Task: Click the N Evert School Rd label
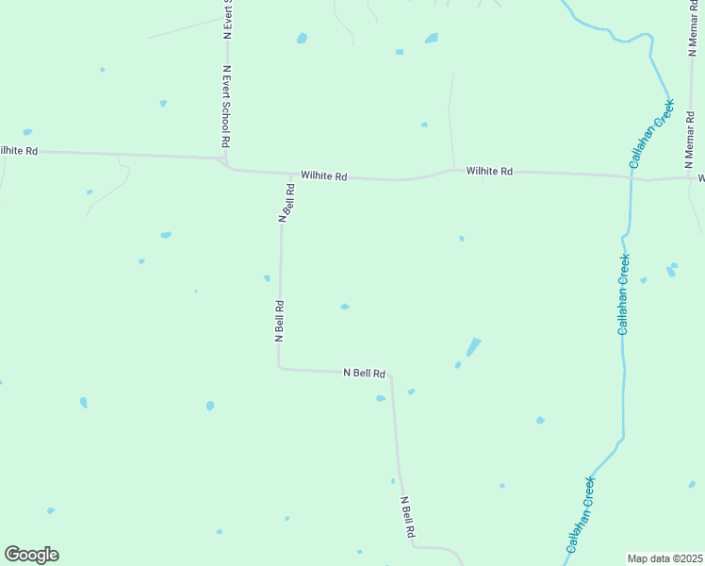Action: click(x=226, y=105)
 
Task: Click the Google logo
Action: click(x=31, y=555)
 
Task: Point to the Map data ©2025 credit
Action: click(x=665, y=558)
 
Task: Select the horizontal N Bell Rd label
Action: click(x=364, y=374)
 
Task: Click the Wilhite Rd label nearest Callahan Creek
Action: click(x=488, y=172)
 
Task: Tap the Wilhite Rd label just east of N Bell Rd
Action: click(x=324, y=176)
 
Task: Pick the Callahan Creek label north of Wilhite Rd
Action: click(x=651, y=134)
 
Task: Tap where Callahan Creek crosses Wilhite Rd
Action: click(x=631, y=175)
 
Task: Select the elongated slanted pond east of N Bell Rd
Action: click(x=473, y=347)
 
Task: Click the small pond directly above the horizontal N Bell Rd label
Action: click(x=345, y=307)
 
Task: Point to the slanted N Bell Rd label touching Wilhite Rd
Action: click(x=287, y=202)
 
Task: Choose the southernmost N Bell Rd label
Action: click(x=407, y=518)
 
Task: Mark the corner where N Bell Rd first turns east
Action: click(x=279, y=367)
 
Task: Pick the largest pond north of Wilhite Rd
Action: click(x=432, y=39)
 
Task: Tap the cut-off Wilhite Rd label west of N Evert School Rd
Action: click(x=19, y=151)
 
